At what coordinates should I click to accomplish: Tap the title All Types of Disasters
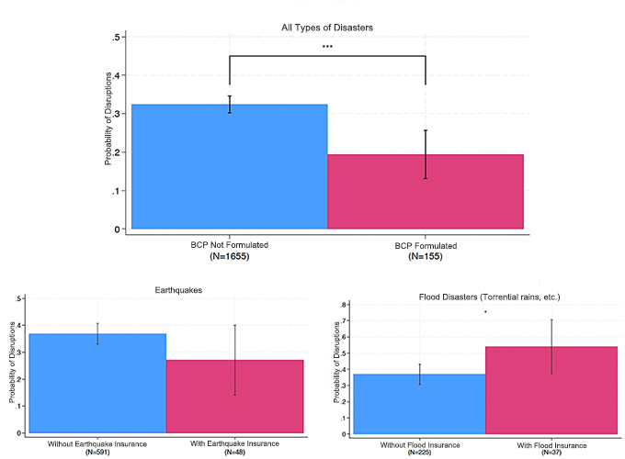tap(327, 28)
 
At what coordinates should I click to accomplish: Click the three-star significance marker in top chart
tap(327, 47)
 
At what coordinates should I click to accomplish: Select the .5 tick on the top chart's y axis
tap(116, 38)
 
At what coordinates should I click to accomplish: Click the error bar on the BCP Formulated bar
tap(426, 154)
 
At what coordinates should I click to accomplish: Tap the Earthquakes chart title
tap(165, 289)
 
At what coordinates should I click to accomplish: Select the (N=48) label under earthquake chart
tap(234, 452)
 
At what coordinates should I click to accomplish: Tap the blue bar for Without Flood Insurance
tap(419, 403)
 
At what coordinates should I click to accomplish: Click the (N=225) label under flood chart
tap(419, 452)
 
